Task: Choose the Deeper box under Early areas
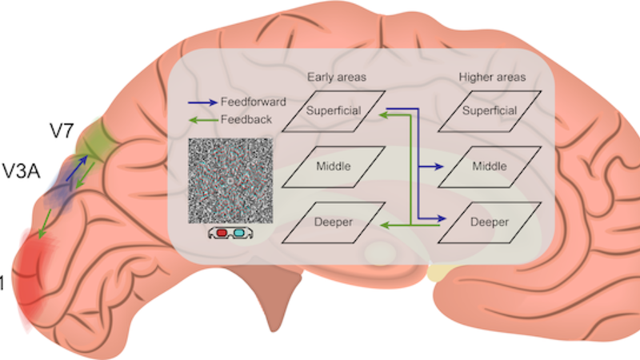(334, 221)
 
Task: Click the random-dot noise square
(229, 182)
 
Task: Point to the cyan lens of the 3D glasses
(238, 234)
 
